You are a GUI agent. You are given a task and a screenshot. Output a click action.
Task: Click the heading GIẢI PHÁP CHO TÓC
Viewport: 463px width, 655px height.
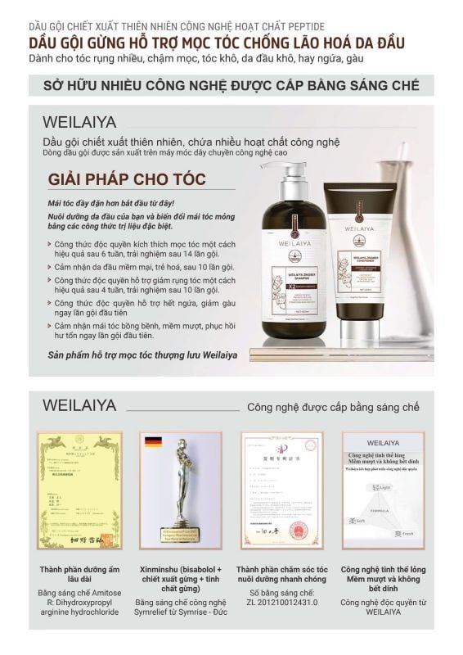[x=127, y=179]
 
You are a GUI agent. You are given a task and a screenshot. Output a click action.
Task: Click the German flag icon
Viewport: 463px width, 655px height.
[x=152, y=443]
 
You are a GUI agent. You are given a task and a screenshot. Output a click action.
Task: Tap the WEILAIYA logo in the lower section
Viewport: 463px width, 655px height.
[x=79, y=405]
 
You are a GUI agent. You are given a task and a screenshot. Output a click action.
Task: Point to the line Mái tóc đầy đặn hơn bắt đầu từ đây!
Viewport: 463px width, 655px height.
[x=110, y=201]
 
